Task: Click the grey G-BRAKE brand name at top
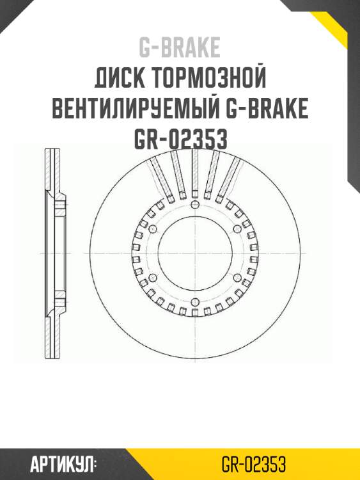[x=180, y=47]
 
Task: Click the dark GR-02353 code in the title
[x=180, y=139]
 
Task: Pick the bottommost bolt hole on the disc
[x=194, y=303]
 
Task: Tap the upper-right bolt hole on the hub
[x=237, y=228]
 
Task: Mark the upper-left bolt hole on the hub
[x=152, y=228]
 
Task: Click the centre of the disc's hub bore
[x=194, y=253]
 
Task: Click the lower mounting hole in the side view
[x=59, y=298]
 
